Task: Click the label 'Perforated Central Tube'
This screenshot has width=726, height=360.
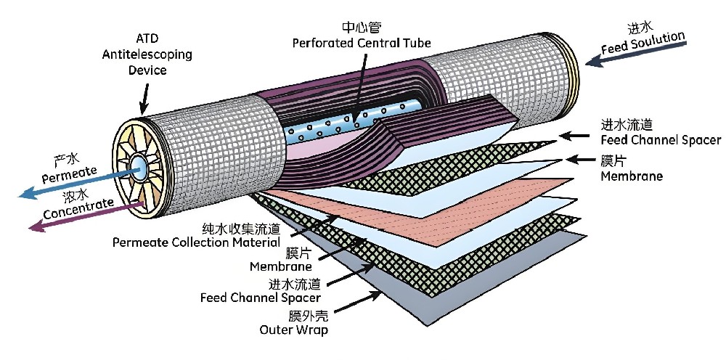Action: tap(362, 44)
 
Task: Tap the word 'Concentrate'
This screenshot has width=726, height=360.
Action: tap(78, 205)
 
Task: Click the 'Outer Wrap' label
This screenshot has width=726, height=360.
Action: tap(293, 330)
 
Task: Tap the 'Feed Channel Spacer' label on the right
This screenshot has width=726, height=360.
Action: tap(661, 140)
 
